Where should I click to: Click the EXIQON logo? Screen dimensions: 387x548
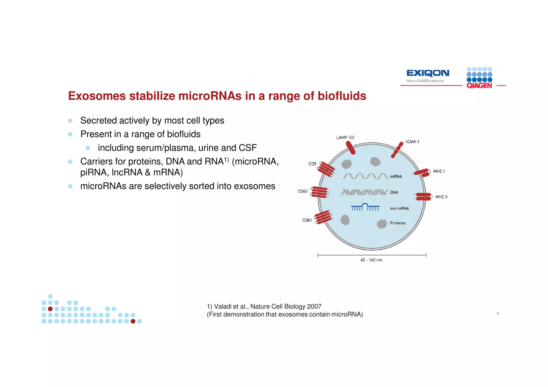click(x=428, y=73)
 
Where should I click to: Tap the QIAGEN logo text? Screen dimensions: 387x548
click(x=479, y=86)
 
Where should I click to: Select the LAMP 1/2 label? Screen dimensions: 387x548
click(x=345, y=137)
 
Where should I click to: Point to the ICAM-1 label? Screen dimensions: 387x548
click(x=412, y=142)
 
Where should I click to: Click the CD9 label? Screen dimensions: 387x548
click(x=312, y=164)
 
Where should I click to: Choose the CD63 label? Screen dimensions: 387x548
click(x=302, y=191)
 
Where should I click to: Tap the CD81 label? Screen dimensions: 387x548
click(x=307, y=220)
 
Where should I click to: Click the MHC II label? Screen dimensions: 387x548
click(x=441, y=197)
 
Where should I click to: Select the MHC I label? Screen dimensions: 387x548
click(x=439, y=171)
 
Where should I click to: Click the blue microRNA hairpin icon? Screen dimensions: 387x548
click(x=365, y=207)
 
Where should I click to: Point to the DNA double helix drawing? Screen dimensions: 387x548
click(x=364, y=192)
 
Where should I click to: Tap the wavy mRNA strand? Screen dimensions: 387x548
click(x=365, y=176)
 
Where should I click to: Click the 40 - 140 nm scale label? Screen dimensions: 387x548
click(x=371, y=260)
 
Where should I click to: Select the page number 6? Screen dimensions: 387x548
click(x=498, y=313)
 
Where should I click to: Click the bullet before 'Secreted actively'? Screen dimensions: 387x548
click(x=70, y=121)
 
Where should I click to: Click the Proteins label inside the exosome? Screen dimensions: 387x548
click(x=398, y=223)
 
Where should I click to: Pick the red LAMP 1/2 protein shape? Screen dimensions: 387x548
click(x=351, y=148)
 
